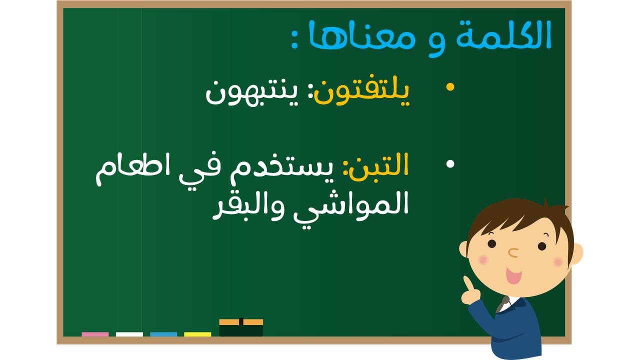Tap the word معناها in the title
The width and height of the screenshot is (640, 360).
point(361,37)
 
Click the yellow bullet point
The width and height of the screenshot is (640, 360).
point(450,87)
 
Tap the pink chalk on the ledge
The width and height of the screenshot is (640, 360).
point(95,334)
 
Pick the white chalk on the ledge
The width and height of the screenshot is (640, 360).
point(129,334)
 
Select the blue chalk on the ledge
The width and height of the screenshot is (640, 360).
point(163,334)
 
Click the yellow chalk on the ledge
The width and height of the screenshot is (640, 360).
point(197,334)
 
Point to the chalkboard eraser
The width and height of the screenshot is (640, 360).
point(241,327)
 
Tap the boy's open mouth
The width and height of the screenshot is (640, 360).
point(513,275)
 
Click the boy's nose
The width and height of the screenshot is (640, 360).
point(513,252)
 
